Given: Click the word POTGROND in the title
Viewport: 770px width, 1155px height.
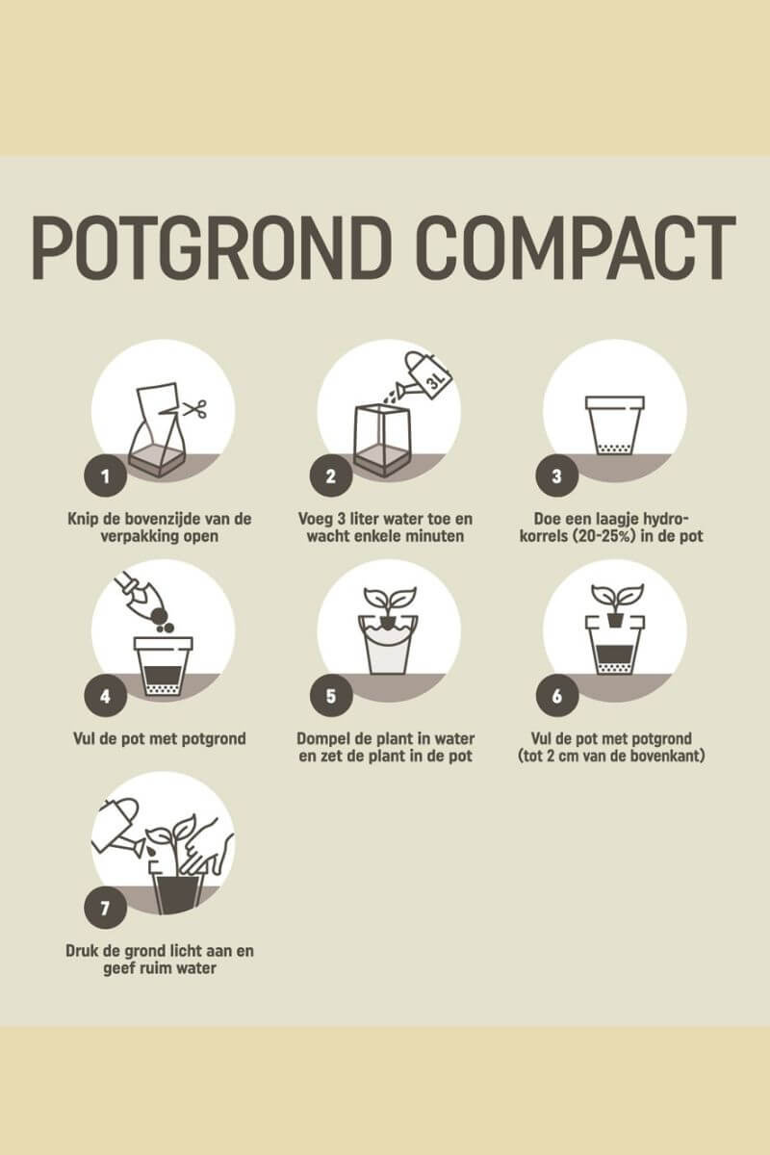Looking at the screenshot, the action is tap(211, 248).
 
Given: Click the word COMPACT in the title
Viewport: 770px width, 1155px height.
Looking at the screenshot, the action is tap(577, 248).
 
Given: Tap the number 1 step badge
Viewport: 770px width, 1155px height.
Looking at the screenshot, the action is tap(105, 475).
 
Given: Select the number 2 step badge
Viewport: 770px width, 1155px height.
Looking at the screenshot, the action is tap(330, 475).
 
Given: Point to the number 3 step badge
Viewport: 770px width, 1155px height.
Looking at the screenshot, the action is tap(556, 475).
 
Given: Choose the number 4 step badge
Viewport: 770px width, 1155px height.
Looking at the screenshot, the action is tap(105, 696).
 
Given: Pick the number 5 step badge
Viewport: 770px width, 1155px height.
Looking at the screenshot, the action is tap(330, 696).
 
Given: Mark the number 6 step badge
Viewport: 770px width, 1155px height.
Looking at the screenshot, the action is tap(556, 696).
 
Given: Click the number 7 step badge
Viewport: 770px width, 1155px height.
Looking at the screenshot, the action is tap(105, 908).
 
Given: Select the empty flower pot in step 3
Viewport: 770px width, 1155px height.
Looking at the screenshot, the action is tap(615, 425).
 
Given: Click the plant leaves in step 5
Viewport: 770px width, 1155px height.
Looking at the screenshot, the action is tap(390, 598).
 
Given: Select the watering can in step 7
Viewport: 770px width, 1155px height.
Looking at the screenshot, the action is tap(119, 828).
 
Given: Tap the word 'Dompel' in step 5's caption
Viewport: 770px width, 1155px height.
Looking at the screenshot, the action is tap(322, 739).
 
